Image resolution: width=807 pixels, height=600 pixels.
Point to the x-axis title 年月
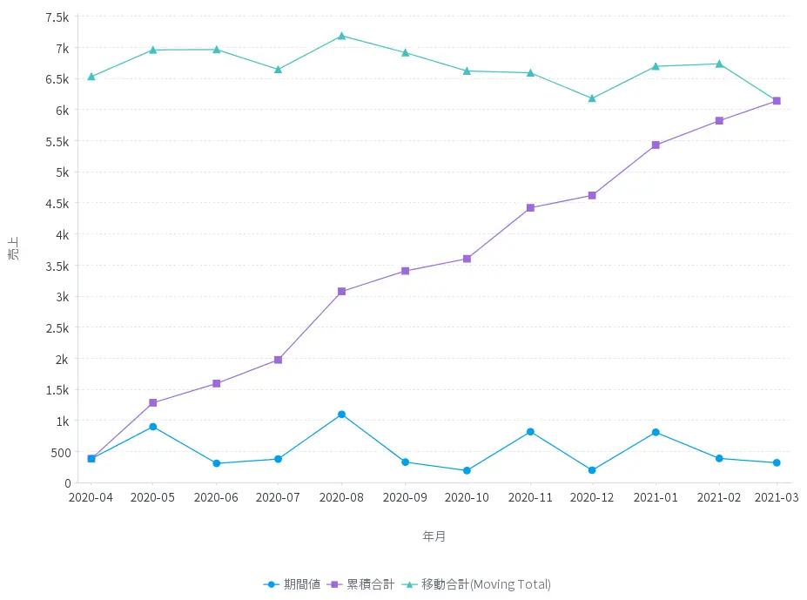coord(434,536)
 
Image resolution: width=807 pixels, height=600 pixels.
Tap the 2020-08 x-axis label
coord(341,497)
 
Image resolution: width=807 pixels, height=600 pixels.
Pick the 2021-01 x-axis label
coord(656,497)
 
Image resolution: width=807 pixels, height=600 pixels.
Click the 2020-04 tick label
coord(91,497)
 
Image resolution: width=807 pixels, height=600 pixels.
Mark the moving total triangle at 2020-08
coord(341,36)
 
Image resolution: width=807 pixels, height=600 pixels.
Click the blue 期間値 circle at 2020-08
coord(341,415)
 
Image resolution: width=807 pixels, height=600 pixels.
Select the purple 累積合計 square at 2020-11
coord(530,208)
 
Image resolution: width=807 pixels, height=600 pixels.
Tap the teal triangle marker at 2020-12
coord(592,98)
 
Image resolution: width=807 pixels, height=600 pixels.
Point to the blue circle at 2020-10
coord(467,470)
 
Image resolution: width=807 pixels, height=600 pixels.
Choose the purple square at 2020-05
coord(153,403)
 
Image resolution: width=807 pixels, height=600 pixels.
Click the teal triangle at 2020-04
coord(91,77)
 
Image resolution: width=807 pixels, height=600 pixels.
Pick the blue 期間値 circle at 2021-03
coord(777,463)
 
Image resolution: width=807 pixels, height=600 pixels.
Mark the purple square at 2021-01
coord(656,145)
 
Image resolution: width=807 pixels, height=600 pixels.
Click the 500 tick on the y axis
coord(60,452)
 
